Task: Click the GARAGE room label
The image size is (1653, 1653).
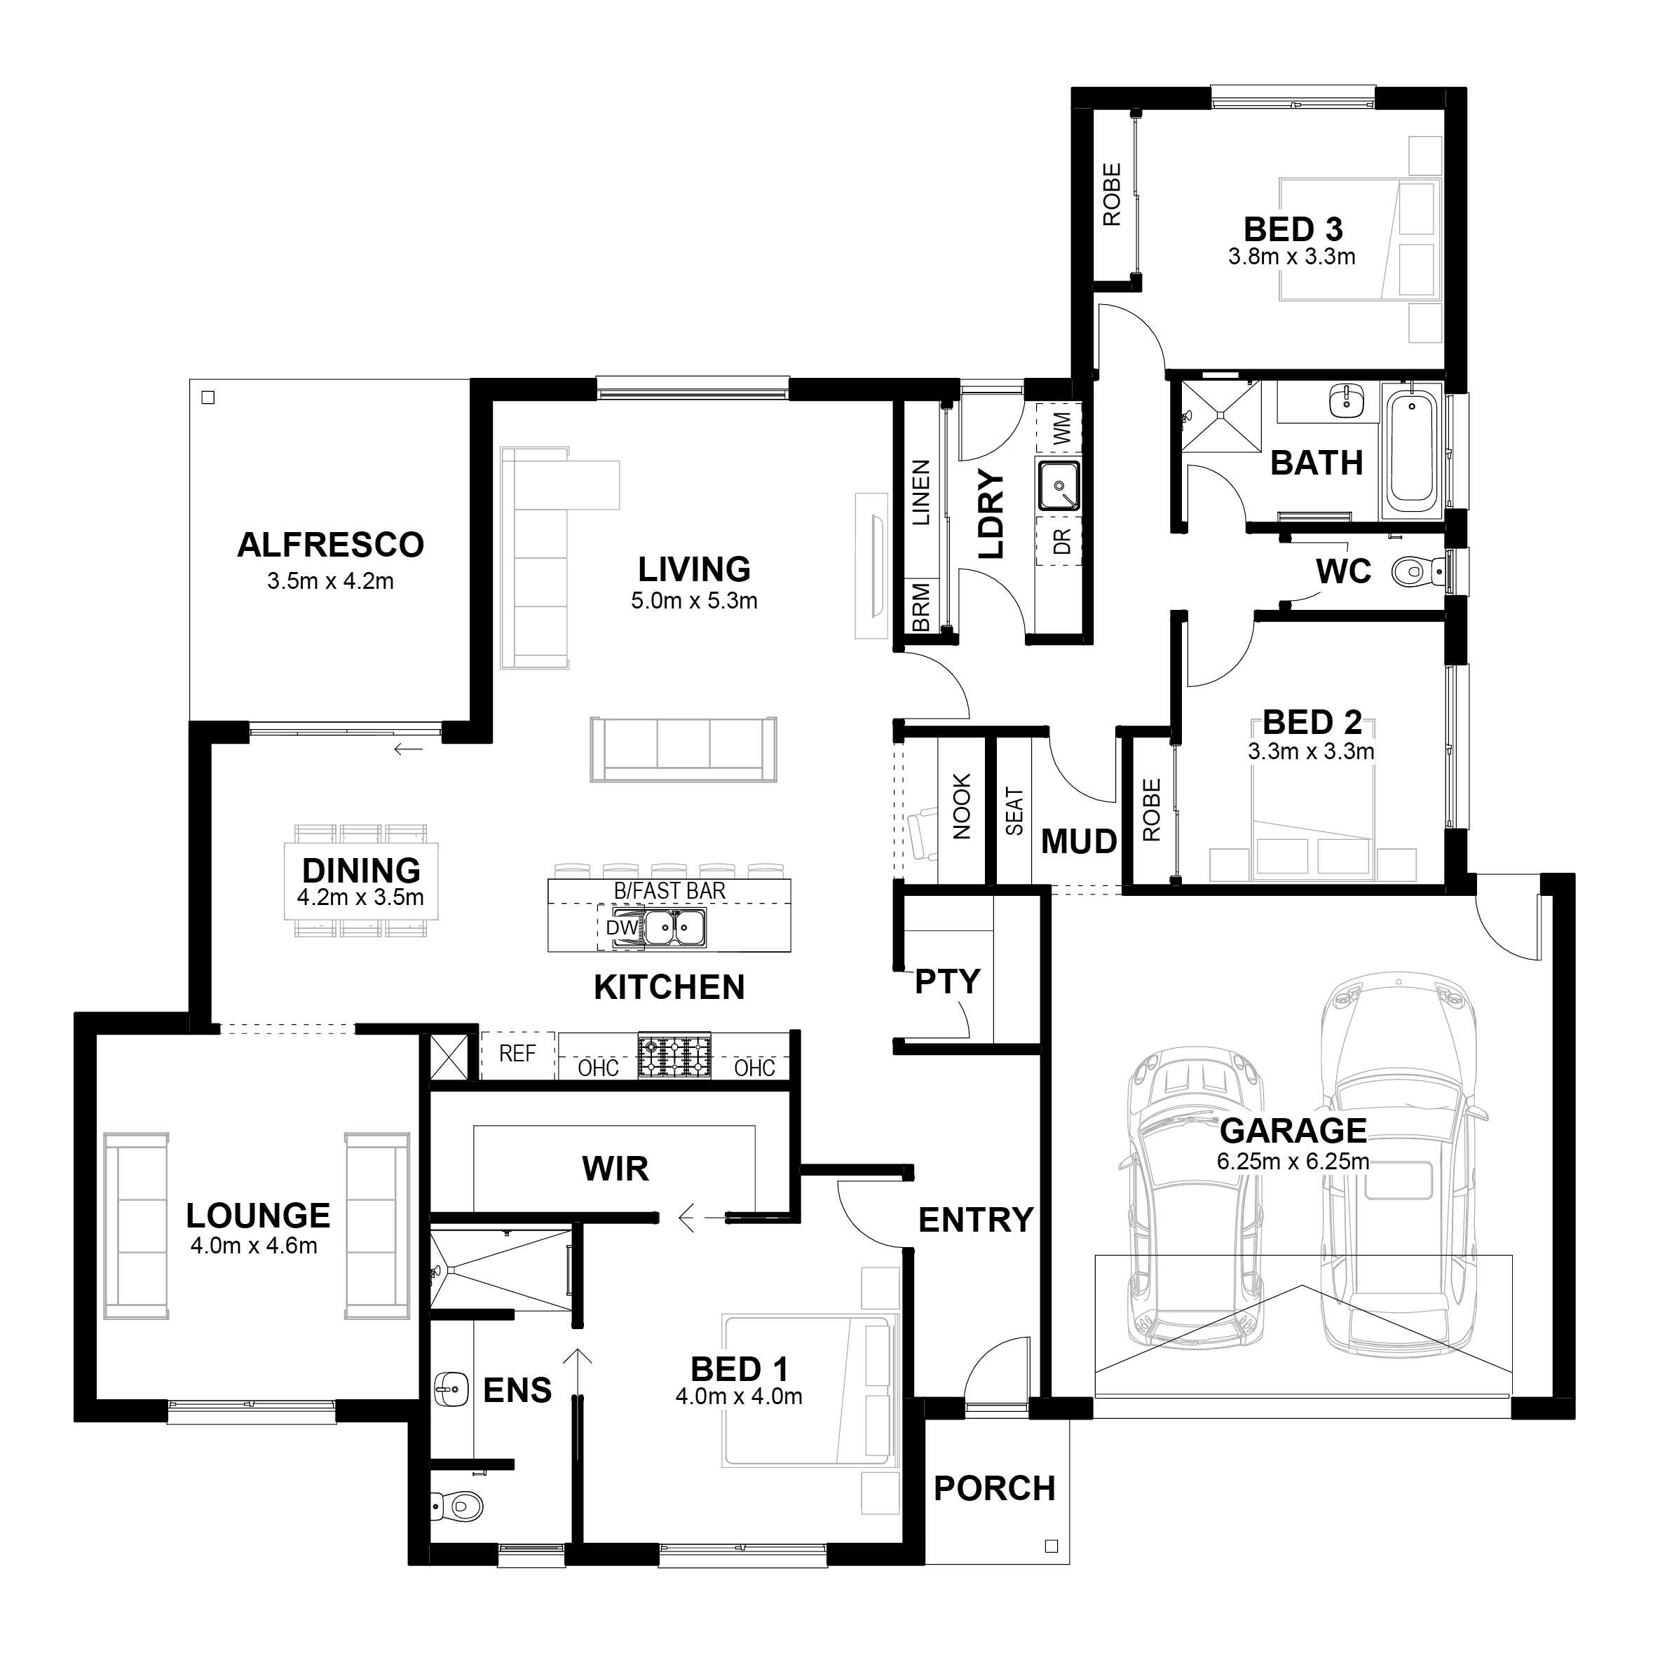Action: click(x=1293, y=1131)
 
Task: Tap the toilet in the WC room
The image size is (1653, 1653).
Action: click(x=1416, y=571)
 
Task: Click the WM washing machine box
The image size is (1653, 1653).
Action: click(x=1059, y=428)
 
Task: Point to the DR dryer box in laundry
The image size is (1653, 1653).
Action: click(x=1059, y=540)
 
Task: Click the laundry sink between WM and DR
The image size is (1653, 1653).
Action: click(x=1059, y=485)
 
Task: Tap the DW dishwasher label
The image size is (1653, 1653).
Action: click(x=622, y=927)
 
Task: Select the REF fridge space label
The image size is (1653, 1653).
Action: click(x=517, y=1053)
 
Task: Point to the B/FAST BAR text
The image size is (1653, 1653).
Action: click(x=669, y=891)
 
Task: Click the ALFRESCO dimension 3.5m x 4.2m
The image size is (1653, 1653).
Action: click(x=330, y=581)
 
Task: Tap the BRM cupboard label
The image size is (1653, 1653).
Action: click(x=920, y=608)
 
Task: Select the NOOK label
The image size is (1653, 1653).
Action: click(x=962, y=807)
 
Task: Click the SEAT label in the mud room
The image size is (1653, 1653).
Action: click(x=1014, y=811)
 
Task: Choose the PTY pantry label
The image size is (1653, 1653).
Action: click(x=946, y=981)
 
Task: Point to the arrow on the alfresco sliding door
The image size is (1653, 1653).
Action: click(x=408, y=750)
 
